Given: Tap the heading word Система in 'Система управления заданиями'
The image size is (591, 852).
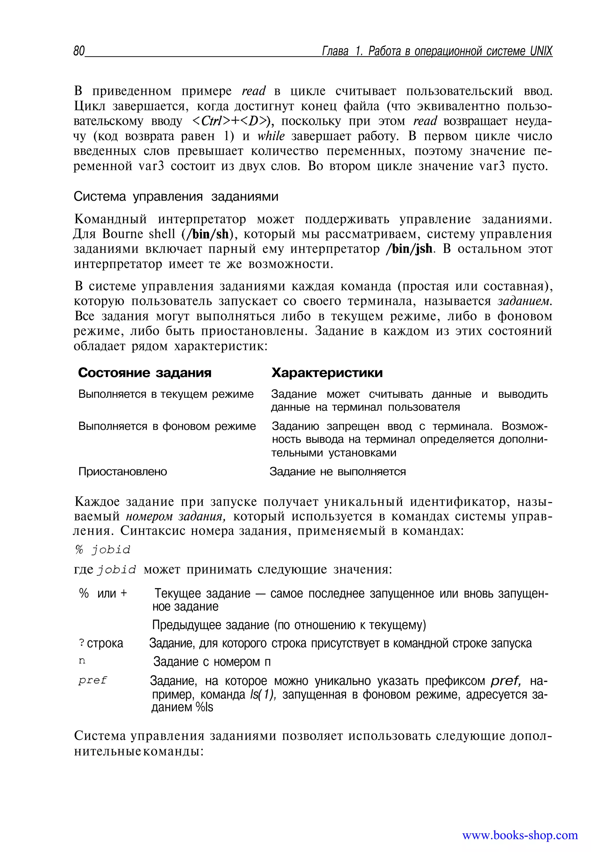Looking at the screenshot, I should pyautogui.click(x=100, y=196).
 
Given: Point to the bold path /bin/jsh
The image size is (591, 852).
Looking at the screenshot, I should pyautogui.click(x=409, y=249).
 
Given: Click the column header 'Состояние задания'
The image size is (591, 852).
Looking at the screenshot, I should pyautogui.click(x=145, y=372).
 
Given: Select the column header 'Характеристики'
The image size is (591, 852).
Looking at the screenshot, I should pyautogui.click(x=327, y=372).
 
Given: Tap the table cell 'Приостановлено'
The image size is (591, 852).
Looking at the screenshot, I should pyautogui.click(x=123, y=472).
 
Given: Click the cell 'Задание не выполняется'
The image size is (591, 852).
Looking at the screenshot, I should pyautogui.click(x=338, y=472).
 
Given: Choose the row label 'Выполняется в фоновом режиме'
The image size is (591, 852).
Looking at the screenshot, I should pyautogui.click(x=167, y=426).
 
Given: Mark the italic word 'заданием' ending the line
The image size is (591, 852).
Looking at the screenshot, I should pyautogui.click(x=524, y=301).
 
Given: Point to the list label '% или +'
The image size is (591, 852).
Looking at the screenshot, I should pyautogui.click(x=103, y=593).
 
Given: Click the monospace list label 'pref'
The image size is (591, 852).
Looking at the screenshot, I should pyautogui.click(x=93, y=680).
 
